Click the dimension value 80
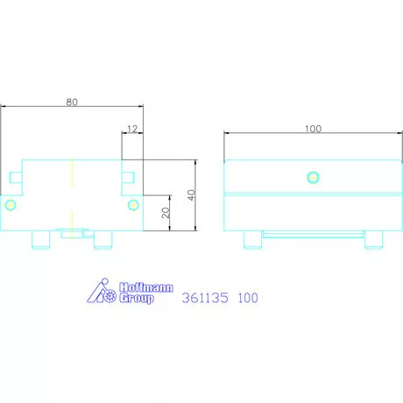72,103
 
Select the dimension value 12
132,129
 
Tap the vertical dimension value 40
192,194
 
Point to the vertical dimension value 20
166,213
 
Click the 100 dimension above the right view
313,129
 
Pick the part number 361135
205,298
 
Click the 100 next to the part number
248,298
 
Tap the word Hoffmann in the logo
146,287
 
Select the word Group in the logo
137,298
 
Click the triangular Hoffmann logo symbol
101,291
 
